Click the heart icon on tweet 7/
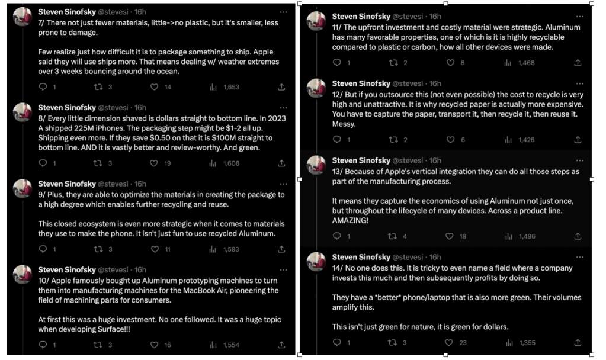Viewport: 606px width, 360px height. click(x=155, y=87)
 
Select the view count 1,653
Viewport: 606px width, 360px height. click(x=231, y=87)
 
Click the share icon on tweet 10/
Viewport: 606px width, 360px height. click(x=281, y=345)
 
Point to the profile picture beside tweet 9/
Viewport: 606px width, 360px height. click(x=23, y=188)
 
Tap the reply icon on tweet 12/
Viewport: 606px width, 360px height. click(x=336, y=140)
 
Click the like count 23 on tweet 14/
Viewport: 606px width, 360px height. click(x=463, y=343)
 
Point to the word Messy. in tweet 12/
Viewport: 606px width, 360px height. click(x=344, y=124)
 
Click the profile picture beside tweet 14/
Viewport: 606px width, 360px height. click(x=316, y=261)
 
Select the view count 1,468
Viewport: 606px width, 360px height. click(x=526, y=63)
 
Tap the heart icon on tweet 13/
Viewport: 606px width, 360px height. click(x=448, y=236)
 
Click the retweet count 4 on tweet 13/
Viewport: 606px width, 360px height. click(x=405, y=236)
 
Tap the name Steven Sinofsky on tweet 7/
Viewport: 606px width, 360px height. click(x=67, y=11)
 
